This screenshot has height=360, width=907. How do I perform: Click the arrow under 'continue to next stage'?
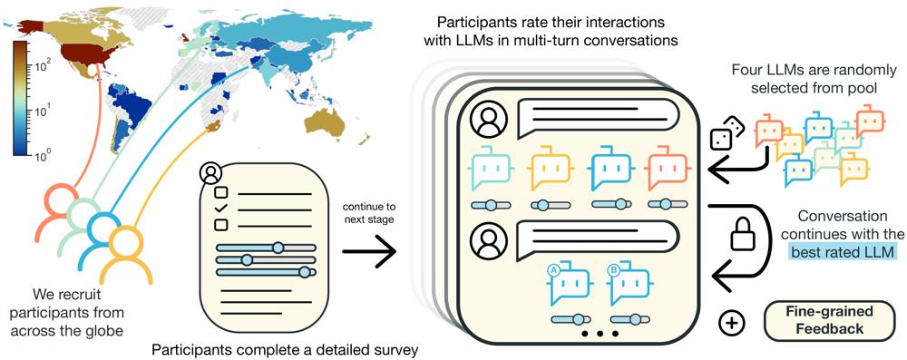pyautogui.click(x=368, y=252)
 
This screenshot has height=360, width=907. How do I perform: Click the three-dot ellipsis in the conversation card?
pyautogui.click(x=600, y=334)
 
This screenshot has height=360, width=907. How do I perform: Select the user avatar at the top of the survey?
pyautogui.click(x=210, y=172)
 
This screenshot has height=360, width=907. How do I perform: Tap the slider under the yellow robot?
pyautogui.click(x=548, y=205)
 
